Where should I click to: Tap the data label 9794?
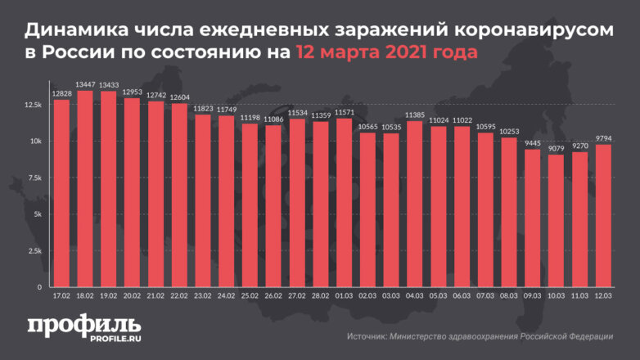tap(603, 138)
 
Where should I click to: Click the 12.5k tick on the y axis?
tap(34, 105)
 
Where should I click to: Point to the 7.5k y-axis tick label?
tap(36, 178)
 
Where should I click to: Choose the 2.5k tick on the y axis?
tap(36, 251)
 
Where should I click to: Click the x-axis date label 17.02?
tap(61, 296)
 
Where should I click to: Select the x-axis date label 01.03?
tap(344, 296)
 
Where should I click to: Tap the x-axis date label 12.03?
tap(603, 296)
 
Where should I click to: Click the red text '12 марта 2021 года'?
tap(385, 52)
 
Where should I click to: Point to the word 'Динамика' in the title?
tap(74, 30)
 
